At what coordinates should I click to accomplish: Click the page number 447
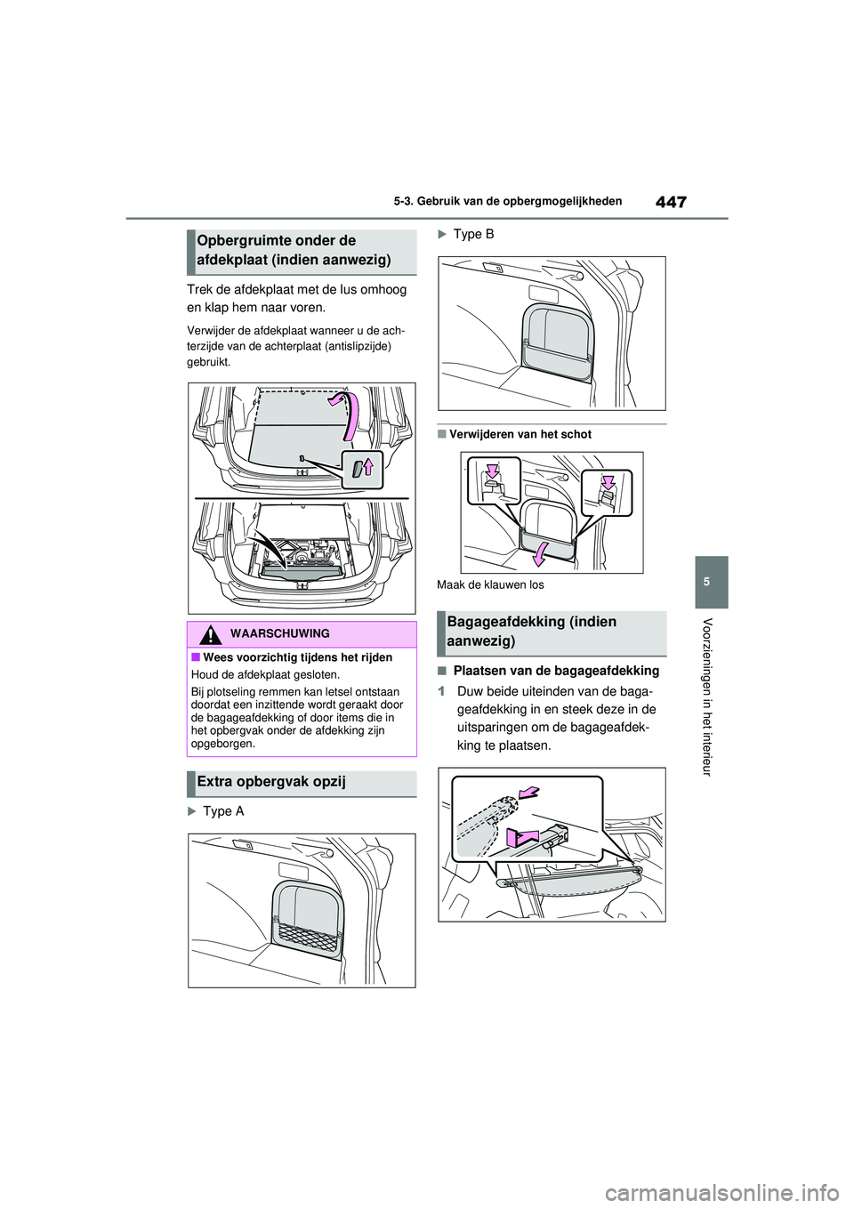tap(671, 202)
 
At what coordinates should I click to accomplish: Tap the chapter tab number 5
tap(711, 582)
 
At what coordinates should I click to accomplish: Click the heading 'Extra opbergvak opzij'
tap(271, 782)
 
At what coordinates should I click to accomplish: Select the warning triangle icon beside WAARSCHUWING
tap(210, 634)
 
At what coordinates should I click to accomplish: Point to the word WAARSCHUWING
tap(279, 634)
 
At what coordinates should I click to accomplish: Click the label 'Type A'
tap(222, 811)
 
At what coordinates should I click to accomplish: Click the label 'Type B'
tap(473, 234)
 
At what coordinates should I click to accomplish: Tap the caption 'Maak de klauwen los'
tap(490, 585)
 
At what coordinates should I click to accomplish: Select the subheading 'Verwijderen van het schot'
tap(520, 435)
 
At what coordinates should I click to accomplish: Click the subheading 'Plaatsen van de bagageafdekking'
tap(556, 671)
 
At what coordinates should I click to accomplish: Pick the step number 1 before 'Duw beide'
tap(441, 692)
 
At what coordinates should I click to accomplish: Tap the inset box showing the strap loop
tap(362, 469)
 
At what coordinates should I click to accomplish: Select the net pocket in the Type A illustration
tap(306, 933)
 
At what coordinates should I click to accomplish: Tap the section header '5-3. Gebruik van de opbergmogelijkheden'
tap(508, 202)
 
